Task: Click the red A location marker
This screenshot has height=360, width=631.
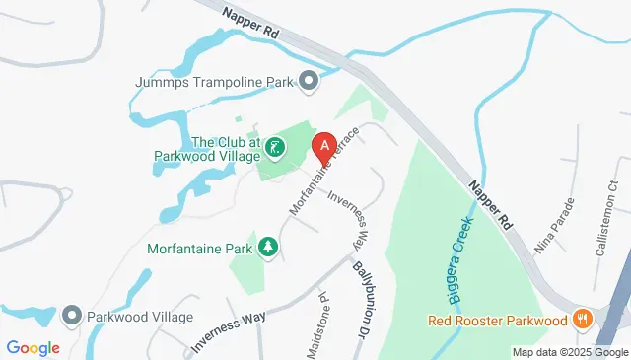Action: [322, 148]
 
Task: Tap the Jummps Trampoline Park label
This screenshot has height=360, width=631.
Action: [215, 82]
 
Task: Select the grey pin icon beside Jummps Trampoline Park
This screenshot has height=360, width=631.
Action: [308, 81]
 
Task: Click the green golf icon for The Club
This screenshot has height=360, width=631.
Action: [276, 149]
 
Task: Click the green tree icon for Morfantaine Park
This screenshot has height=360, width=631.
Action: [266, 247]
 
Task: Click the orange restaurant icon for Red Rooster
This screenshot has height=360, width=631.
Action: [584, 320]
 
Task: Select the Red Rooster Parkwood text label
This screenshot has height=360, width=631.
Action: [499, 320]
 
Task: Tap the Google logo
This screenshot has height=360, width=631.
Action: [33, 347]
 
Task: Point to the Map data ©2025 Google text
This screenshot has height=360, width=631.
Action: [570, 352]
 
